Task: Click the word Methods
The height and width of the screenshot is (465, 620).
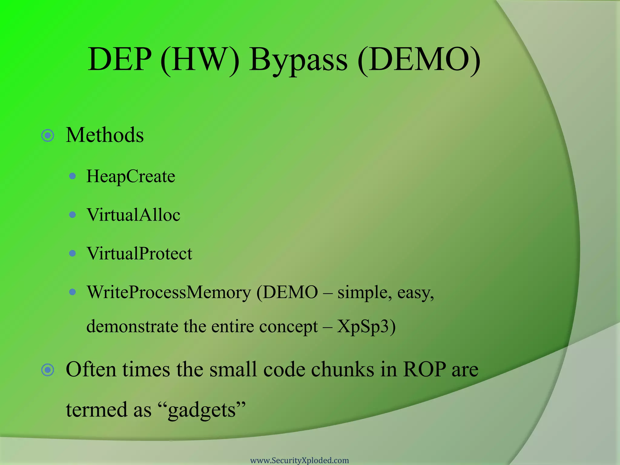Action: pos(105,135)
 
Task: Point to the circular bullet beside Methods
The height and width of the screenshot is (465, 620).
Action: pos(48,136)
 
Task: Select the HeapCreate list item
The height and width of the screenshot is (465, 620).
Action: pos(131,176)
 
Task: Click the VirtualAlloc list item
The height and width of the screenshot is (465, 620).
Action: pos(133,215)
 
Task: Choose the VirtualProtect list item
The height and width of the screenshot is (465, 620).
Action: pos(139,254)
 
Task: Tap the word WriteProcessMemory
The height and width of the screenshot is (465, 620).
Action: pos(169,292)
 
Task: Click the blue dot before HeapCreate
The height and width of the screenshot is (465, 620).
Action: pos(72,176)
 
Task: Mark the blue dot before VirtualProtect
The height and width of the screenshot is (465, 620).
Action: pos(72,253)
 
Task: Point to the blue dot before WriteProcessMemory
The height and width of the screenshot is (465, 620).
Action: pos(72,292)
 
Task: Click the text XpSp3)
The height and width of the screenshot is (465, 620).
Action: pos(366,327)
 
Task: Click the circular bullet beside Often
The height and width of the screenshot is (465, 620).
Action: pos(48,370)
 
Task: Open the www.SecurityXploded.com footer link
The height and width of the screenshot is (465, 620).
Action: pos(299,460)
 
